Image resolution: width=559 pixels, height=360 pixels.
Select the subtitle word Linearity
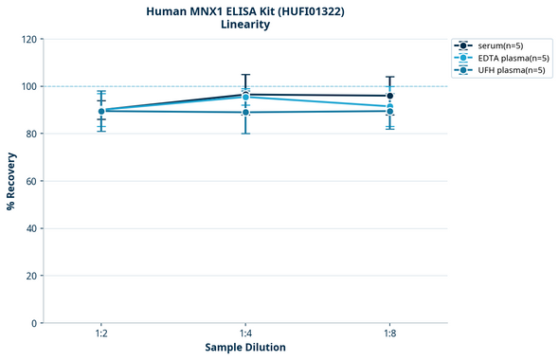pos(244,25)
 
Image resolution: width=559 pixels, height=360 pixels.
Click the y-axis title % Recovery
pos(11,181)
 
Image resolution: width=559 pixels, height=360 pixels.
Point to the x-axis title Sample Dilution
pos(245,348)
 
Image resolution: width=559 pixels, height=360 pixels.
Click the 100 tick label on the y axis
pos(28,86)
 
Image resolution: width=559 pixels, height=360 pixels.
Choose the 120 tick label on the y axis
pos(28,39)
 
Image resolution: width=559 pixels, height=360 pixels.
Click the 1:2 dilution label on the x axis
pos(101,333)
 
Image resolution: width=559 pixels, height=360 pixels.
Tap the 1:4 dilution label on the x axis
pos(245,333)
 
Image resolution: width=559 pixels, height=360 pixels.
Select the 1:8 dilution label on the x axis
pos(389,333)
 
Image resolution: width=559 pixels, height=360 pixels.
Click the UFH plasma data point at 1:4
pos(245,113)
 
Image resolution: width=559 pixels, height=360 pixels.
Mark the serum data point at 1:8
pos(389,96)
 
